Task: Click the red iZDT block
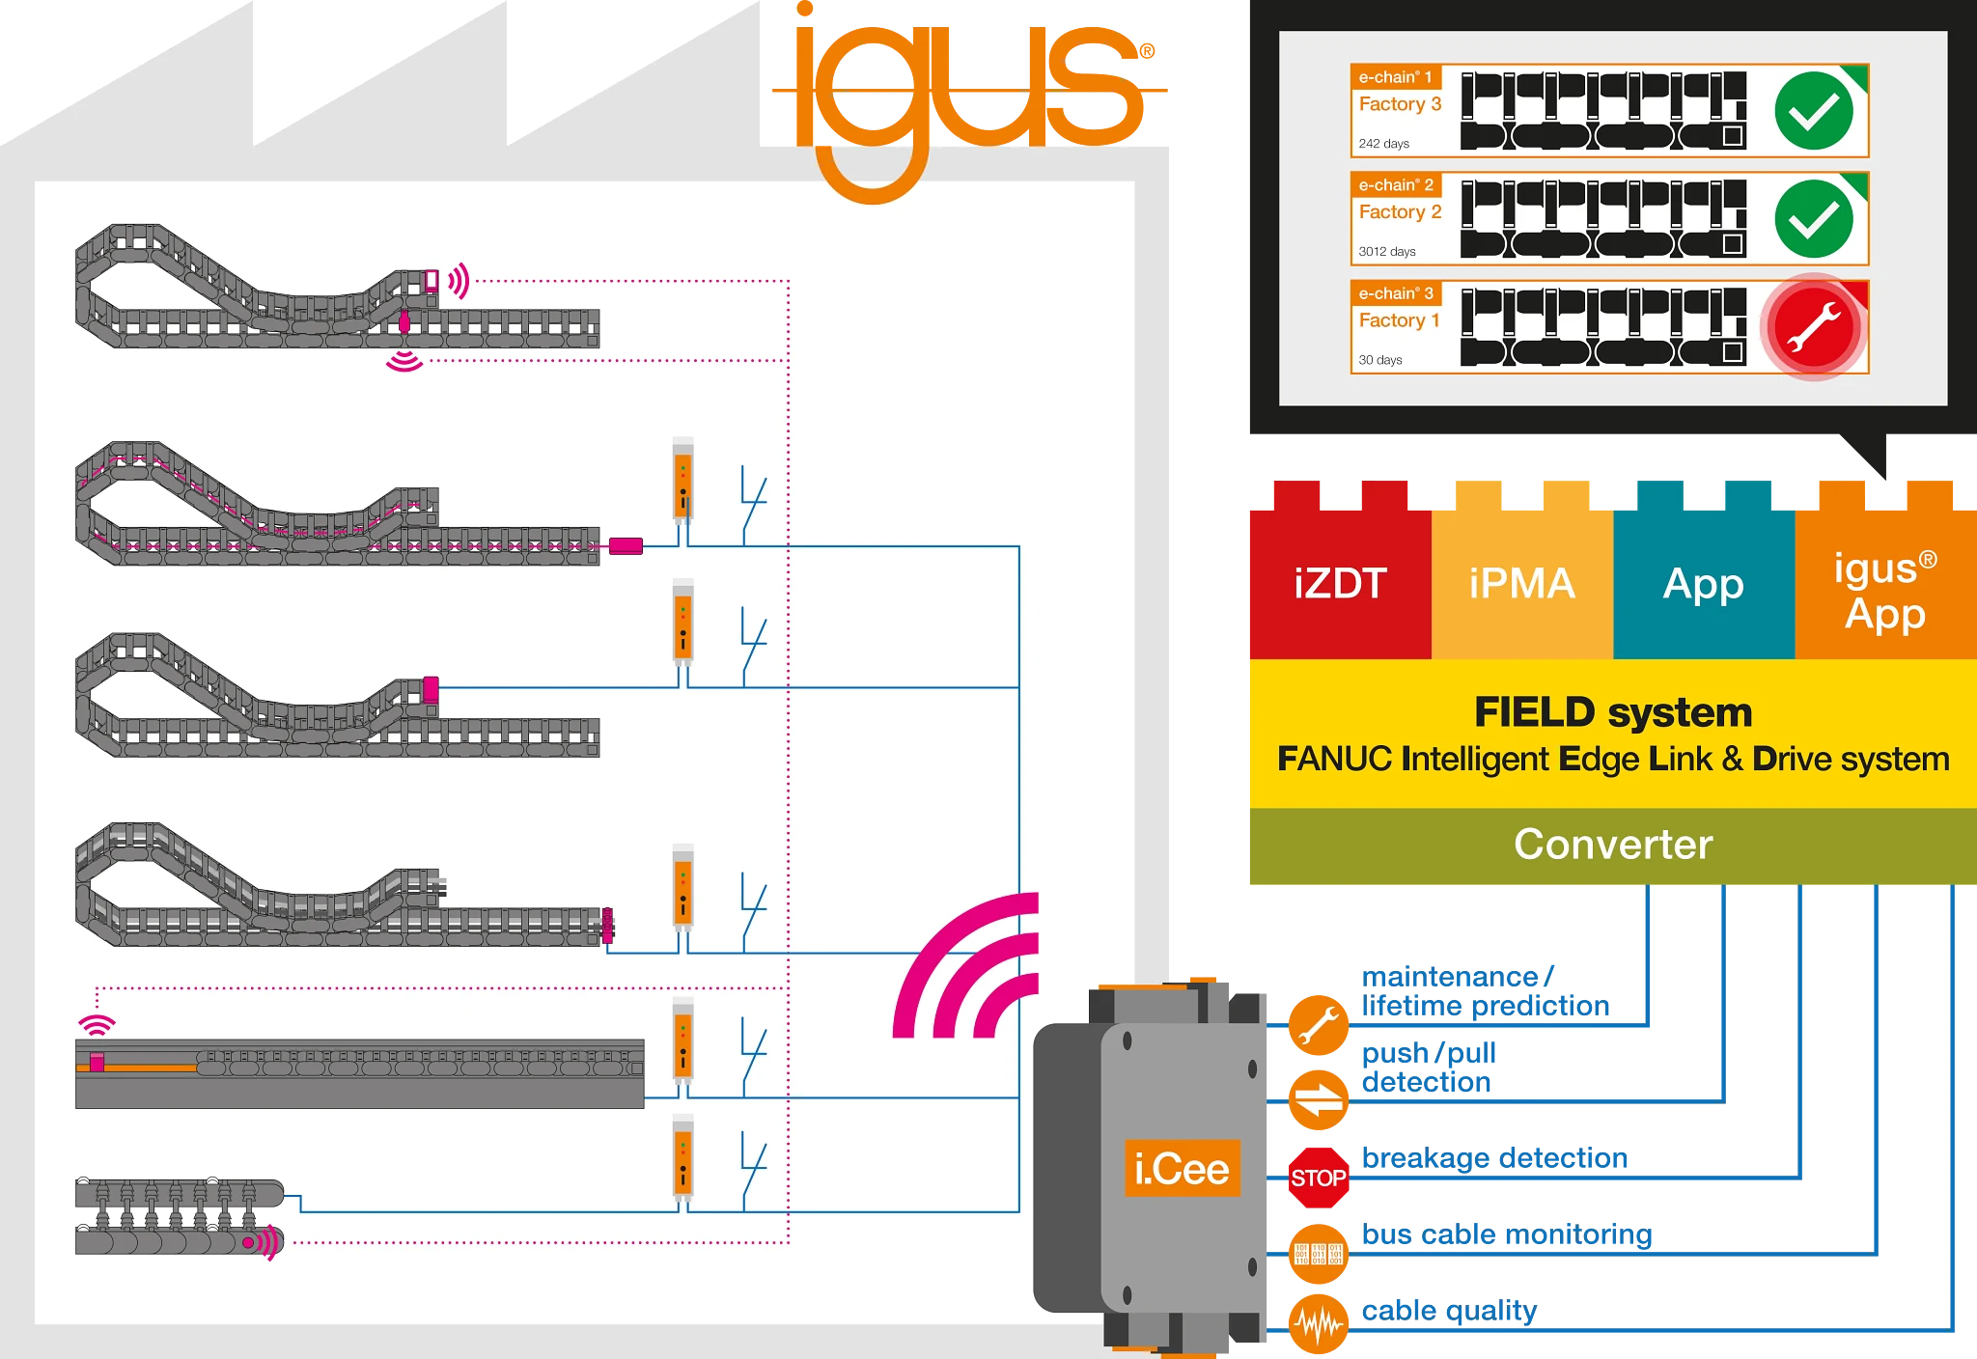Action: click(x=1340, y=584)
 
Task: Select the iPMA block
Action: click(x=1522, y=584)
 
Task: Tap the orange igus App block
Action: click(x=1885, y=590)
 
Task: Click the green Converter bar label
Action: click(x=1613, y=845)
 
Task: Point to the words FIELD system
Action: click(x=1613, y=712)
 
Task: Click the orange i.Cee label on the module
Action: click(x=1182, y=1169)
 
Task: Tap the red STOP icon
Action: click(x=1319, y=1178)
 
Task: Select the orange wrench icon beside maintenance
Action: click(x=1319, y=1024)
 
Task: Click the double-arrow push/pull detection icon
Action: click(x=1319, y=1099)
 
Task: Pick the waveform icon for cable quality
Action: click(x=1319, y=1324)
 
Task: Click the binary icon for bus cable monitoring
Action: click(x=1319, y=1254)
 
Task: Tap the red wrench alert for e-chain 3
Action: click(x=1814, y=327)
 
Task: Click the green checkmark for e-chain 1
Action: click(x=1814, y=111)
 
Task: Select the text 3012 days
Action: click(x=1387, y=252)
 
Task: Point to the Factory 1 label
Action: click(x=1399, y=320)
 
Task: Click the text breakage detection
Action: click(x=1494, y=1157)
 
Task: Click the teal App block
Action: click(x=1704, y=584)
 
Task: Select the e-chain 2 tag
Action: click(x=1396, y=184)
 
